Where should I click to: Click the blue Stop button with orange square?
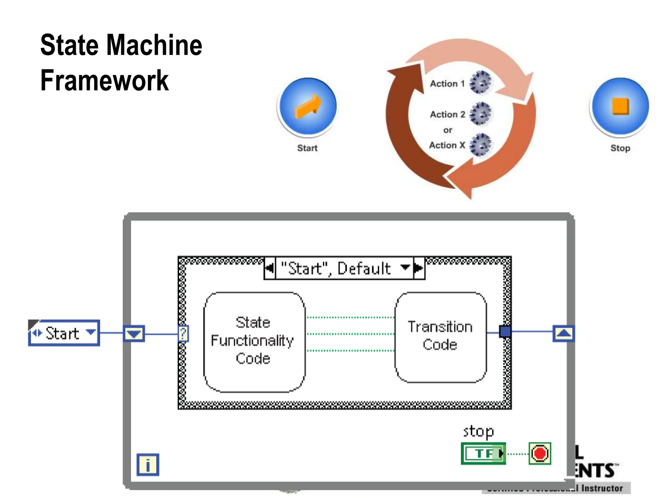click(620, 106)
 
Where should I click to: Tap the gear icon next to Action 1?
click(480, 83)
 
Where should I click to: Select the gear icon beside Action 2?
click(480, 114)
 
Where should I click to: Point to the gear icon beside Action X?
click(480, 145)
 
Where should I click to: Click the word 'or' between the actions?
click(447, 130)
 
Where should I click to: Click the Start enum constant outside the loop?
click(64, 333)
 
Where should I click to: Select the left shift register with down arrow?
click(134, 333)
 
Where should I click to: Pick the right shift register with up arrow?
click(563, 333)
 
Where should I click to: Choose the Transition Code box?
click(440, 337)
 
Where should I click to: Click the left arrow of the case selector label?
click(269, 268)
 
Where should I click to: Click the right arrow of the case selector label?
click(419, 268)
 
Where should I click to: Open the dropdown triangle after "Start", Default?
click(405, 267)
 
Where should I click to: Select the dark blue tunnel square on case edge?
click(505, 332)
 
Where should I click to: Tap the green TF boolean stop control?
click(483, 453)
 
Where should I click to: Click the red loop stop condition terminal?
click(539, 453)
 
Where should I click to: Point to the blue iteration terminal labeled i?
click(148, 465)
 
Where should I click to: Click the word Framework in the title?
click(104, 80)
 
